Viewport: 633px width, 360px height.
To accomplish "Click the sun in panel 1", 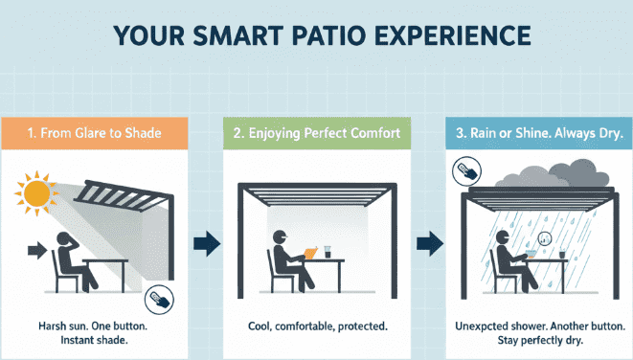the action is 36,192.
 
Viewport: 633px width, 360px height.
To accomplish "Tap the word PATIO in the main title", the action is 328,35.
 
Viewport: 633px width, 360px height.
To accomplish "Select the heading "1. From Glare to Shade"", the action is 94,133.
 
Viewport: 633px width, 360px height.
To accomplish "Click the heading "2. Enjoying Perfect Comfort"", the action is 316,133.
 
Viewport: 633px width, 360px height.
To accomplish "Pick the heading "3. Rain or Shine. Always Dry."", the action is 539,133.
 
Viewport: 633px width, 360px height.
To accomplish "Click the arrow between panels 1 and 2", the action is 207,244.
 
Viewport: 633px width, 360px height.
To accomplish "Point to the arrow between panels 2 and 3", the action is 430,244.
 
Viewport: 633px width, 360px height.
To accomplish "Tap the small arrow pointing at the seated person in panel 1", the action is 37,250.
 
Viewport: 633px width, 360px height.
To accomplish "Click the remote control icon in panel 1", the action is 159,300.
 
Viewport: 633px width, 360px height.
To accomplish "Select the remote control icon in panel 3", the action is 466,171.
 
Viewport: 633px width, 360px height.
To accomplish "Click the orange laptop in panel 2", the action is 310,254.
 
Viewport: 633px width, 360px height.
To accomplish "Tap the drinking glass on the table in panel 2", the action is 328,252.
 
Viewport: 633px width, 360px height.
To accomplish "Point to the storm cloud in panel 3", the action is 554,174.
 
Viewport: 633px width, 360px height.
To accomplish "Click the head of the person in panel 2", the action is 280,236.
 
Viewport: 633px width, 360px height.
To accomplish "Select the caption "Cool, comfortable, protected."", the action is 318,326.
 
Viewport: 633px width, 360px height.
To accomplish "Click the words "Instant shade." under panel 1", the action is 94,340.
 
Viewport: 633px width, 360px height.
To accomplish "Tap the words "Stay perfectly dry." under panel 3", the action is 540,340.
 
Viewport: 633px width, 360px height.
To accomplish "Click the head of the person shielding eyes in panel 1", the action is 64,238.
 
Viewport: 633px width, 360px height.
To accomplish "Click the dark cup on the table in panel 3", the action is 562,255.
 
